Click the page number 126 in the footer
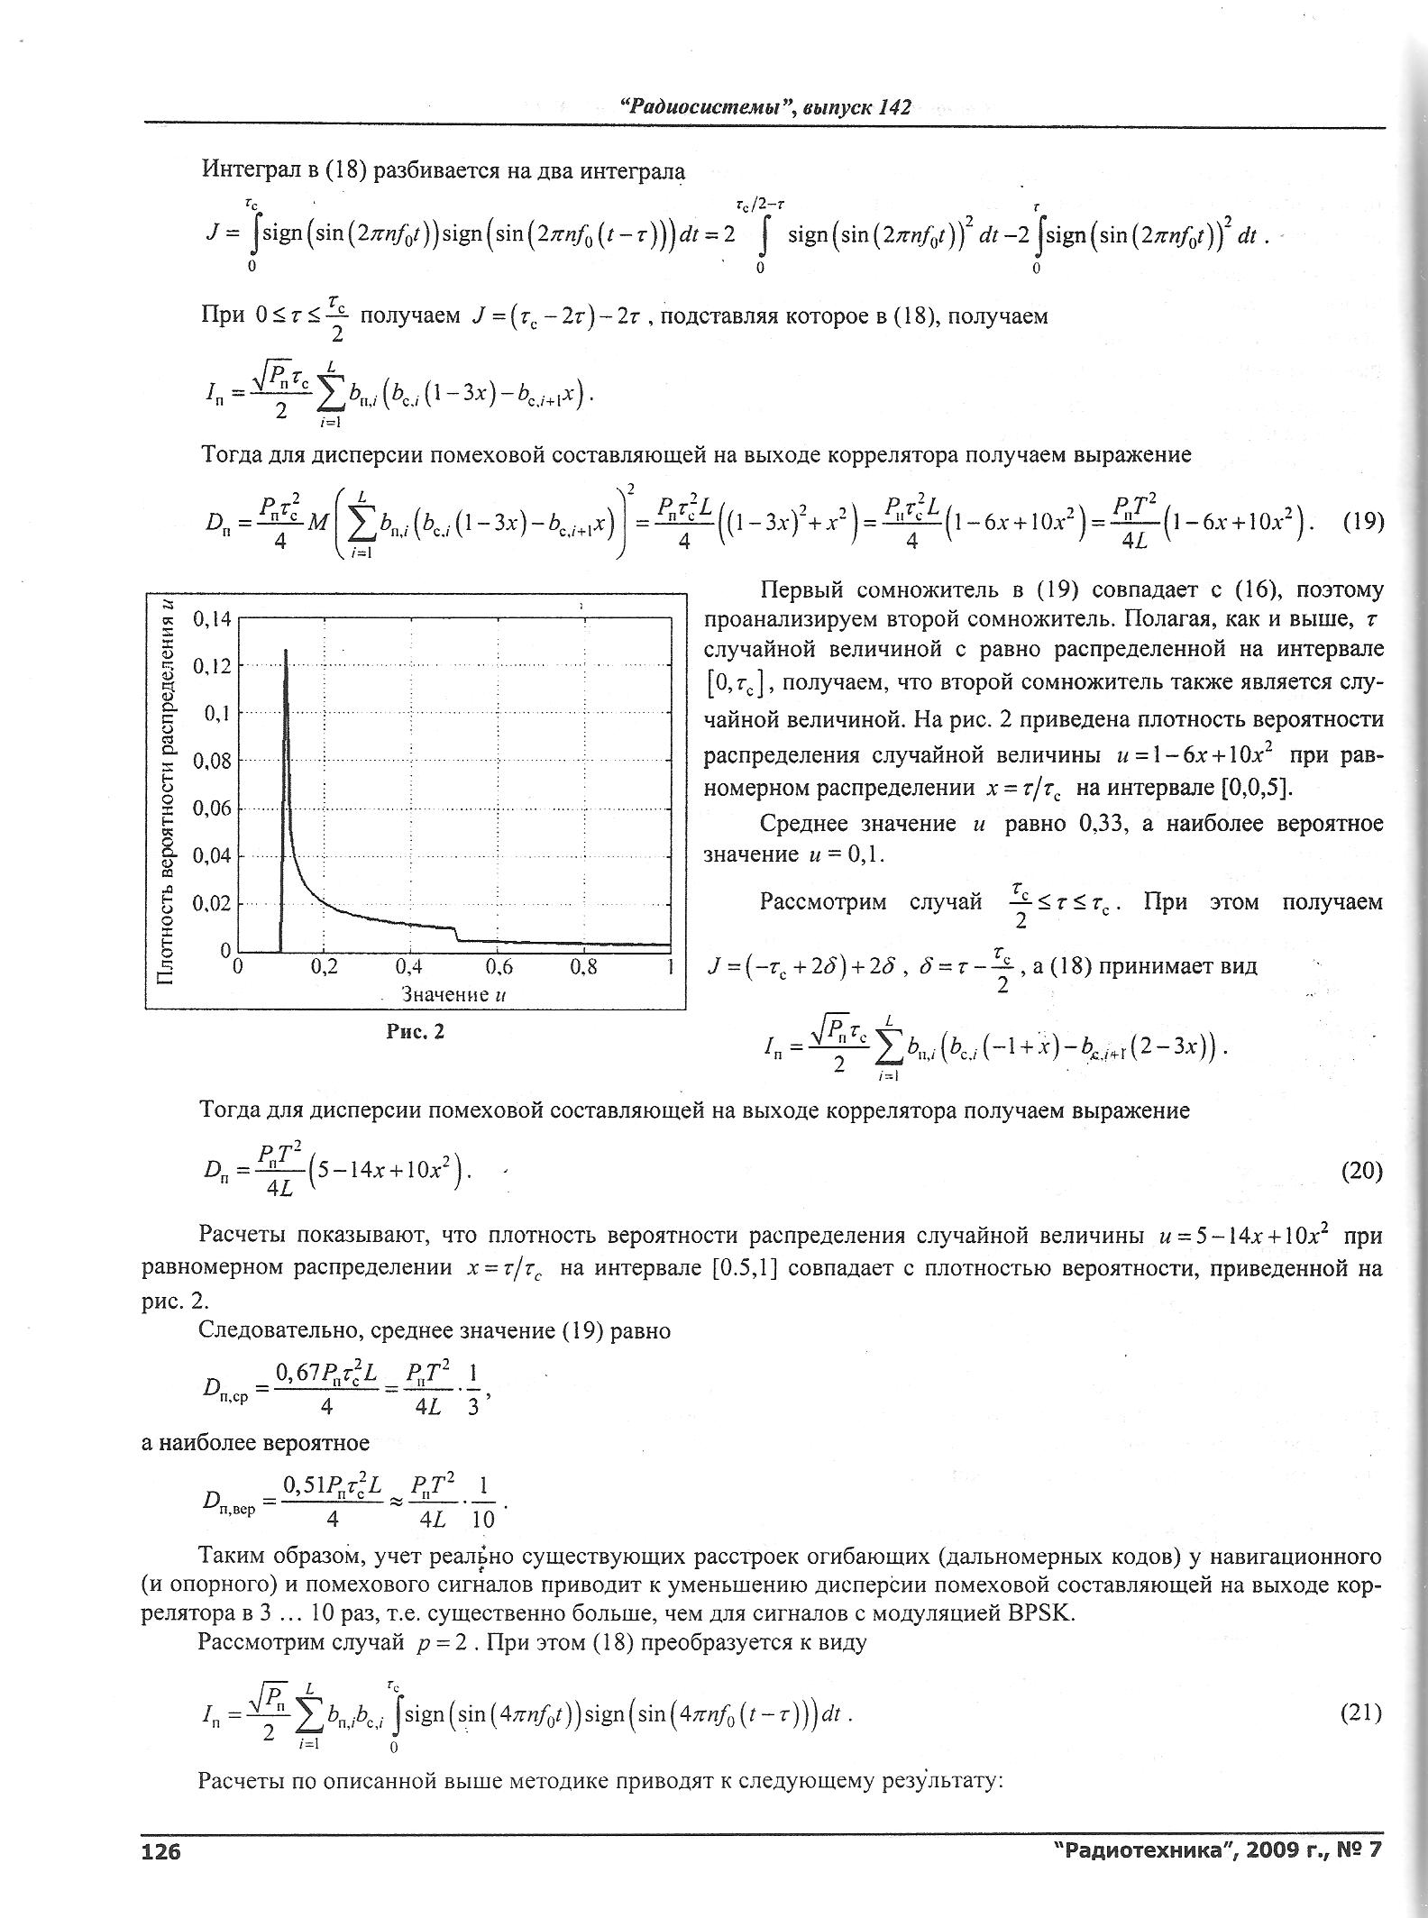point(161,1850)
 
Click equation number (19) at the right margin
point(1362,522)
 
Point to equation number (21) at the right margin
point(1362,1712)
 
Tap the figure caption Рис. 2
point(416,1032)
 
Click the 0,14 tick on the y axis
point(213,619)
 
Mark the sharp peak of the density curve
point(286,650)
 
